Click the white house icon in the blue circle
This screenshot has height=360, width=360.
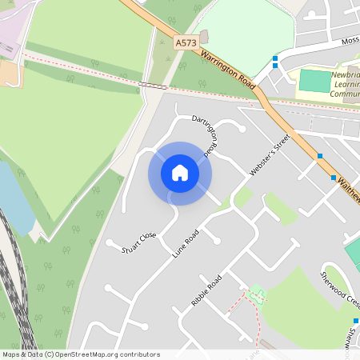(x=180, y=173)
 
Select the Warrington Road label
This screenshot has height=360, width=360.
(x=228, y=70)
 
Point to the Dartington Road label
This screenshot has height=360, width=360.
(x=204, y=134)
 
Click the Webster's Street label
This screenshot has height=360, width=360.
(x=268, y=154)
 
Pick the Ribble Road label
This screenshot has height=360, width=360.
(x=206, y=294)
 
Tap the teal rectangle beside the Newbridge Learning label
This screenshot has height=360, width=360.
(x=314, y=81)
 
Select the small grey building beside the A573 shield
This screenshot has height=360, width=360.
(x=203, y=38)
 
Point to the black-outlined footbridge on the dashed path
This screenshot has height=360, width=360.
(x=153, y=84)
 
